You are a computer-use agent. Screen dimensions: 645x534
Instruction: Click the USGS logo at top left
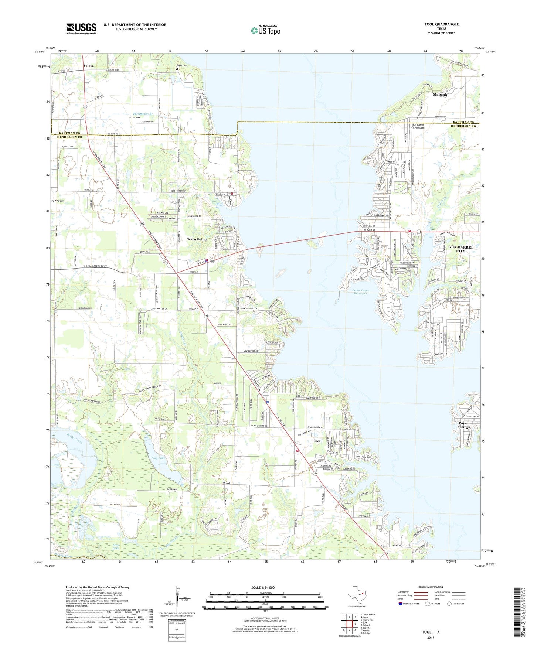[81, 28]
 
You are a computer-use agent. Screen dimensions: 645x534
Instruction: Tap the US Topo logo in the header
[265, 30]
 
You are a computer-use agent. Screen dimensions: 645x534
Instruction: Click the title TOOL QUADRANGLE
[441, 24]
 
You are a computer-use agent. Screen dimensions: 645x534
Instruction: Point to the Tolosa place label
[89, 66]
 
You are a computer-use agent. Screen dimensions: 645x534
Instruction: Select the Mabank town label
[440, 95]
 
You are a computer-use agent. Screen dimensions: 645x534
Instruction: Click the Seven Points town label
[197, 239]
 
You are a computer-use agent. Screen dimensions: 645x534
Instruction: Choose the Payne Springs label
[463, 425]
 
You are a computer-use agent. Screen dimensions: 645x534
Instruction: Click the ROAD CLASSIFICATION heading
[430, 587]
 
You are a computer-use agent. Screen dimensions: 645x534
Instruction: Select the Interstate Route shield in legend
[401, 604]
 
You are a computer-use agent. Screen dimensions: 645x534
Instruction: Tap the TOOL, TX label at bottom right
[431, 632]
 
